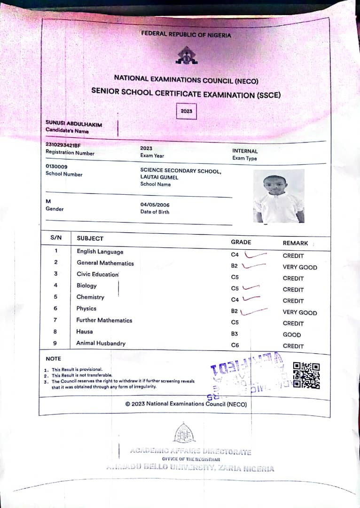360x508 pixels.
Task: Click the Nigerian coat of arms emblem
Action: tap(186, 56)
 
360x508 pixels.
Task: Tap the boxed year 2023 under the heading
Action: tap(186, 111)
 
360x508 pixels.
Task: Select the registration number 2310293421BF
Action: tap(63, 145)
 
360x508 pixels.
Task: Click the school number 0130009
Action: tap(56, 167)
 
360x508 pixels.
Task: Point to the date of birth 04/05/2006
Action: tap(155, 205)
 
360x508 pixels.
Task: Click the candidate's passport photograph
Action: tap(279, 196)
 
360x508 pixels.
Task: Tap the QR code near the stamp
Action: tap(306, 375)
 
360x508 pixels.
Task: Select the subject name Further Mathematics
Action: tap(104, 320)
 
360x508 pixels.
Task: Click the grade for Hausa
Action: tap(235, 334)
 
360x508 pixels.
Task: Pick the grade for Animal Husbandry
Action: tap(235, 346)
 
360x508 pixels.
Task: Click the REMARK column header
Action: tap(295, 243)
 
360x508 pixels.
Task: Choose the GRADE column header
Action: tap(241, 242)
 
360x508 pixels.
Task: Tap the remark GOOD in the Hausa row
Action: tap(292, 335)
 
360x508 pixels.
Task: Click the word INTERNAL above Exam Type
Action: tap(245, 151)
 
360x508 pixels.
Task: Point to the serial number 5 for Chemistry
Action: tap(55, 297)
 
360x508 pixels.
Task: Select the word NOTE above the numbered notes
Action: tap(53, 359)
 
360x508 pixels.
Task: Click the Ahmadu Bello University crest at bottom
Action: tap(184, 433)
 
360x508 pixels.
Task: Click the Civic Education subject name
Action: tap(98, 274)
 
